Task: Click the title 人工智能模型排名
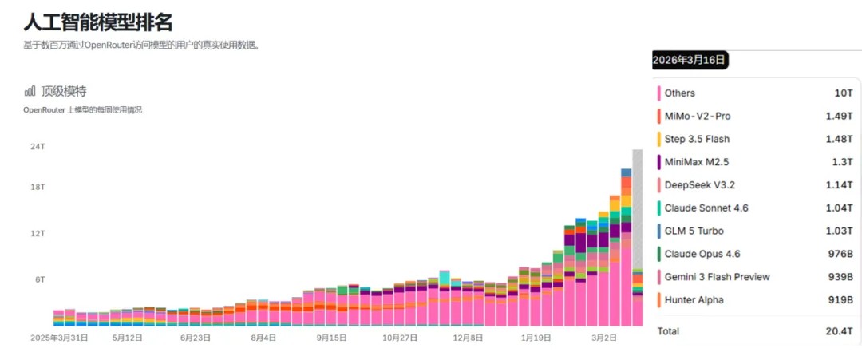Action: click(97, 22)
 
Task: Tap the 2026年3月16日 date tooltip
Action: click(690, 60)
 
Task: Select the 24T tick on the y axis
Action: click(38, 147)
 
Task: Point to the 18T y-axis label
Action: click(38, 187)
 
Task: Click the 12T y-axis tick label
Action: click(38, 234)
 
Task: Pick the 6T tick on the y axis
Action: click(40, 279)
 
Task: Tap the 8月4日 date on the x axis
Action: click(263, 338)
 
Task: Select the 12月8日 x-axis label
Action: click(469, 338)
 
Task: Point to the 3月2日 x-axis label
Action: click(603, 338)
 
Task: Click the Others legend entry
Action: click(679, 93)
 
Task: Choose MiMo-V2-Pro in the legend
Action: click(697, 116)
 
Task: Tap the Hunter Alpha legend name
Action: click(694, 300)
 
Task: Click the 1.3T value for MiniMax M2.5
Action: click(843, 162)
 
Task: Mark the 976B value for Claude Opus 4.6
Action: click(841, 254)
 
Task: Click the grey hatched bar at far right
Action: click(638, 208)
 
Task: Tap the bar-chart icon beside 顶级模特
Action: click(30, 92)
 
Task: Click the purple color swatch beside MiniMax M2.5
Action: click(659, 162)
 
